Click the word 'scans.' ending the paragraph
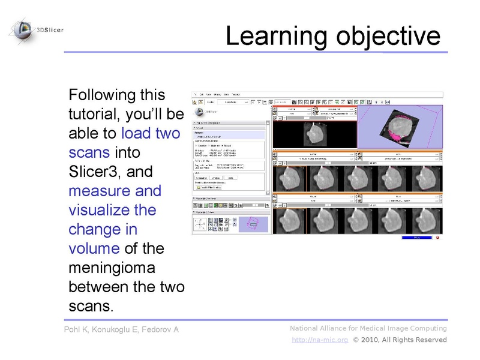(91, 306)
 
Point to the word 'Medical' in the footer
(362, 328)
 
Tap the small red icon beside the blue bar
(438, 237)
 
